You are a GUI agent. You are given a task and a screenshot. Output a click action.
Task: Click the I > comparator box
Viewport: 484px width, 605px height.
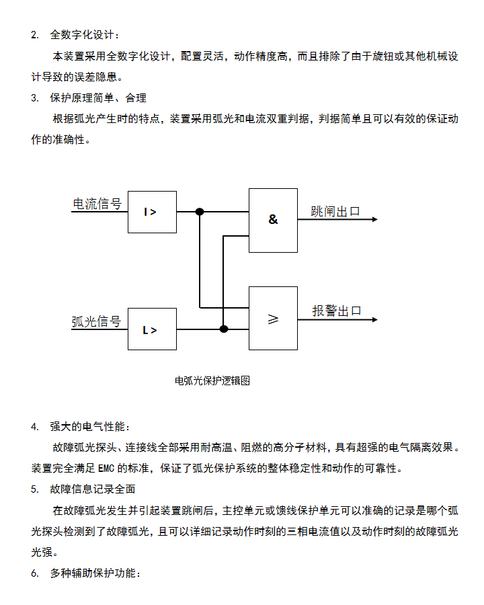(x=153, y=212)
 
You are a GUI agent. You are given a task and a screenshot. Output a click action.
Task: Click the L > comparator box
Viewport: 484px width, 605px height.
(x=153, y=329)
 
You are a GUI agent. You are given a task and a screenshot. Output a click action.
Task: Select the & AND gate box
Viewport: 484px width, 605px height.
(x=273, y=220)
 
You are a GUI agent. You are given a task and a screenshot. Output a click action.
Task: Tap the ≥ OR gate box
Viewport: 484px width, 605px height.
(x=273, y=318)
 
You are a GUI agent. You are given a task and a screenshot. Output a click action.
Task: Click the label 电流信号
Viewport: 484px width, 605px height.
(x=97, y=204)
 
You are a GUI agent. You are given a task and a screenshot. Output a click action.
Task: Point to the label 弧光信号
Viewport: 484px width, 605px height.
(x=97, y=321)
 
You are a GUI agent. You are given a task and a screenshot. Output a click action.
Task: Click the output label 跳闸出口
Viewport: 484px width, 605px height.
(x=335, y=212)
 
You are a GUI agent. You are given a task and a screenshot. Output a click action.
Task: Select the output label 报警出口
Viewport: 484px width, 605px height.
(x=337, y=311)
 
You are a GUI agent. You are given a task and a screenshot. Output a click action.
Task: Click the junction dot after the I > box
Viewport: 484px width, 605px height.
(x=200, y=212)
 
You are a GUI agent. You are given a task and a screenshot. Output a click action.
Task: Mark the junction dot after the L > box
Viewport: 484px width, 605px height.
(x=224, y=329)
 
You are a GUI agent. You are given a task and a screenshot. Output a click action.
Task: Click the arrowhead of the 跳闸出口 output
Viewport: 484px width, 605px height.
(x=374, y=220)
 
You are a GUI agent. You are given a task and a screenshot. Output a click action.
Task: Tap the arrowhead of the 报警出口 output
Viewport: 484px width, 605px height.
(x=374, y=319)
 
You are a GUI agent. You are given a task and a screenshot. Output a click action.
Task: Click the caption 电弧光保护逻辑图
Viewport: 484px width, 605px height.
(x=212, y=380)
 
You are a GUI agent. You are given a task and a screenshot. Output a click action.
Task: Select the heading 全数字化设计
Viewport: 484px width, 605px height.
(x=85, y=34)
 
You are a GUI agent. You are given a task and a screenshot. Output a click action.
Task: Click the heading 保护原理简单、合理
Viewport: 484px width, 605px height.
(x=98, y=98)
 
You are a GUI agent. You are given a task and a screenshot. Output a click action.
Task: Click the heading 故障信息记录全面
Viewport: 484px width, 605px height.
(x=93, y=489)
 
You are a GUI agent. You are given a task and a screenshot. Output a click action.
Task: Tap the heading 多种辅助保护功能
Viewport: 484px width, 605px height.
(x=94, y=573)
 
